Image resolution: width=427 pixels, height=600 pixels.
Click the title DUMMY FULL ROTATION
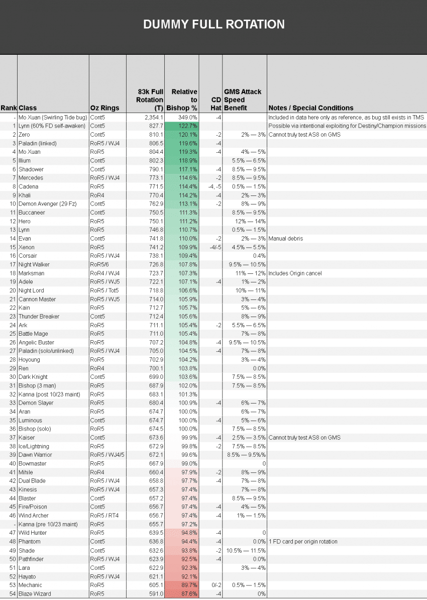point(213,24)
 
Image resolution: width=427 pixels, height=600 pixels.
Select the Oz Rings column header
point(105,108)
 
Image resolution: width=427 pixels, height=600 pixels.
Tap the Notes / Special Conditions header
point(311,108)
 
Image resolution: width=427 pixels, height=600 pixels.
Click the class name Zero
point(25,135)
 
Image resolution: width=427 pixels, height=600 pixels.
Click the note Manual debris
point(286,239)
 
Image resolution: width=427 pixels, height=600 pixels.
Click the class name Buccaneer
point(32,213)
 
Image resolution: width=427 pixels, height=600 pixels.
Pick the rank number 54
point(13,594)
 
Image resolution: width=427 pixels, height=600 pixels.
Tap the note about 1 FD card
point(303,542)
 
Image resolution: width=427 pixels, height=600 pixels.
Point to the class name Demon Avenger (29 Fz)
point(45,204)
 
